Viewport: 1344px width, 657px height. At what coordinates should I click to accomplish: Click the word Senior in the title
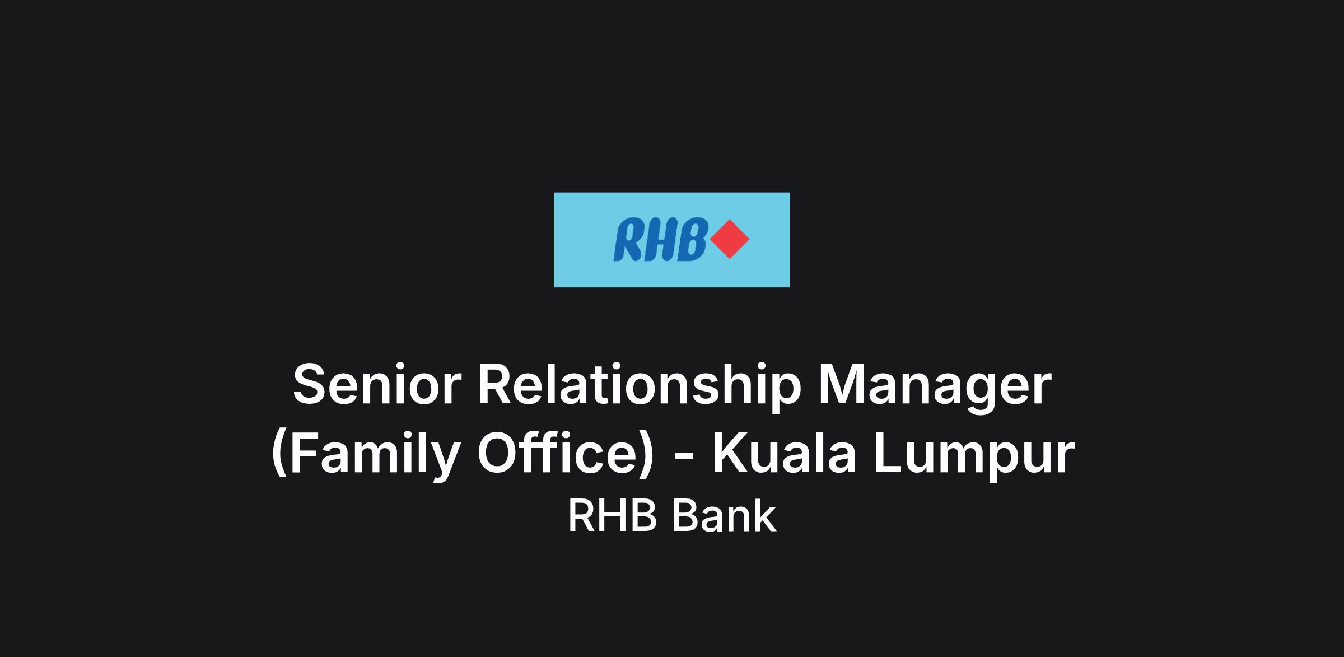pyautogui.click(x=377, y=385)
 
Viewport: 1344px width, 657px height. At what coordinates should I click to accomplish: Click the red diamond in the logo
pyautogui.click(x=729, y=239)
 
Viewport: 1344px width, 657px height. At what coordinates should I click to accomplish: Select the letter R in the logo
pyautogui.click(x=629, y=240)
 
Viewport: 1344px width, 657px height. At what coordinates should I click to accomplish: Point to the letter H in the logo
pyautogui.click(x=661, y=240)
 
